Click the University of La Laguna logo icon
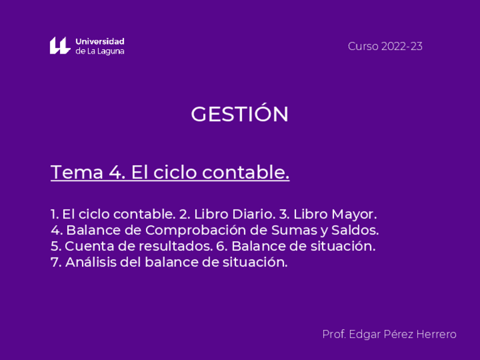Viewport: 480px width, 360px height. point(59,46)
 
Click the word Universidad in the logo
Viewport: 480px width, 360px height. point(100,41)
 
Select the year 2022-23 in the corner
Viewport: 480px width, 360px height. point(401,46)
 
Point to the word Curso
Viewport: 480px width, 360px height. point(363,46)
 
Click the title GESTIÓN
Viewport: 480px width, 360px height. point(239,114)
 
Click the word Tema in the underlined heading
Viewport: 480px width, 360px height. point(77,172)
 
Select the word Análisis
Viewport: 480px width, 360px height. point(91,262)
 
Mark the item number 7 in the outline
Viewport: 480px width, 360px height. point(55,262)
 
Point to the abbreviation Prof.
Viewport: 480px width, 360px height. point(333,335)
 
